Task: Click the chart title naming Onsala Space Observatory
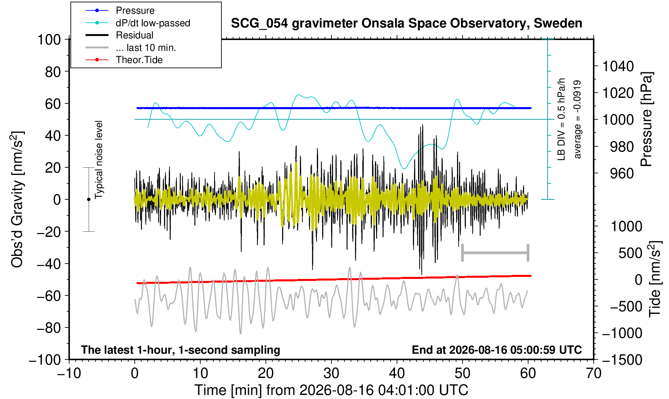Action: (406, 23)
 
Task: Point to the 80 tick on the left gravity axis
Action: (53, 72)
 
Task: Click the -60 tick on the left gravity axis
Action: (49, 296)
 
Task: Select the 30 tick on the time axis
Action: (331, 374)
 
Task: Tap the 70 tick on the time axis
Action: (593, 374)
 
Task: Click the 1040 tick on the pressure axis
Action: (618, 66)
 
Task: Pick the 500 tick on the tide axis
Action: (630, 253)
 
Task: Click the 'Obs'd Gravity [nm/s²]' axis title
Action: (17, 199)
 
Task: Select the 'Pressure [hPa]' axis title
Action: (647, 119)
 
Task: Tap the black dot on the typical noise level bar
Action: (89, 199)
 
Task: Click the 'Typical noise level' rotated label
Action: (99, 160)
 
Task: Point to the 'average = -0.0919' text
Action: (577, 119)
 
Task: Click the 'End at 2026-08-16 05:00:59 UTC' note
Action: (497, 350)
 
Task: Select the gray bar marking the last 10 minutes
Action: (495, 253)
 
